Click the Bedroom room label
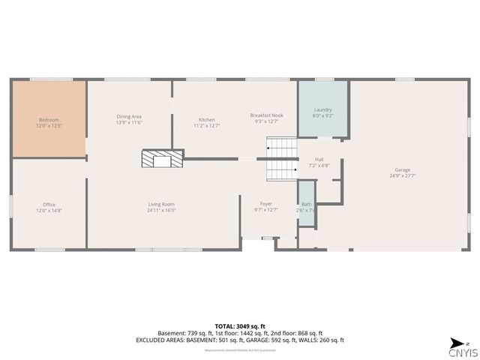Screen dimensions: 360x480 (49, 120)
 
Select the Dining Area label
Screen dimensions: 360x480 (129, 116)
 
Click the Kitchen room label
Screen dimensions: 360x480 (206, 120)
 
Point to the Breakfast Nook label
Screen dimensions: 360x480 (266, 115)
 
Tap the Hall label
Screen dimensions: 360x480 (319, 160)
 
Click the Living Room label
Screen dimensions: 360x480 (161, 204)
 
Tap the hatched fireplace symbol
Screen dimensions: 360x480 (162, 158)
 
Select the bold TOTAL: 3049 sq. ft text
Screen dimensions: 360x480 (239, 326)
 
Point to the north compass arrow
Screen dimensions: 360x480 (456, 343)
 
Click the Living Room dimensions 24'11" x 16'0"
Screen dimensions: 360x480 (161, 211)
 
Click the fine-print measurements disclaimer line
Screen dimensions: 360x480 (239, 349)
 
